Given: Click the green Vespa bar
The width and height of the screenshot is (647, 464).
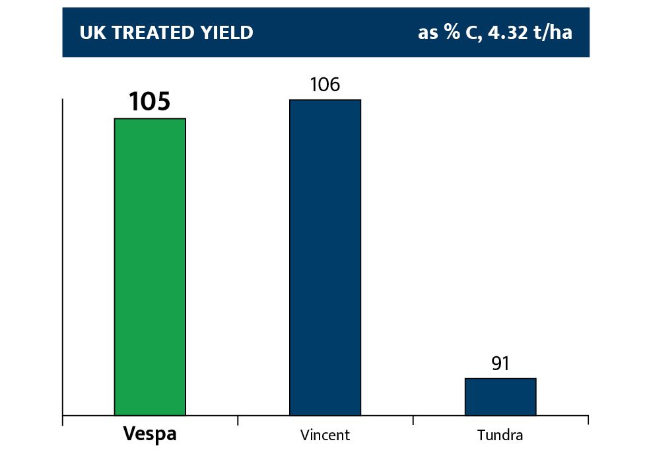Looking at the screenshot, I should point(150,267).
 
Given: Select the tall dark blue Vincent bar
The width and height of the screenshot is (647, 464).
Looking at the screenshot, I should point(325,258).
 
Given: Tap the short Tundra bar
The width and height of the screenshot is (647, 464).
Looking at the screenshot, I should point(500,397).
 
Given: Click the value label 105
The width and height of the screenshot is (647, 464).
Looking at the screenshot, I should point(149,102).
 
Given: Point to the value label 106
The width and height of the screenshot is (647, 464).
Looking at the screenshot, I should point(325,85).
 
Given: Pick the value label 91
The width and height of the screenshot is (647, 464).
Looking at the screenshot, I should point(500,364).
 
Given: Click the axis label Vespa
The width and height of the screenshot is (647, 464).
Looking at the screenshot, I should point(150,435).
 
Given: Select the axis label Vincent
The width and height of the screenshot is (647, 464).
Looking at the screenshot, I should point(325,436).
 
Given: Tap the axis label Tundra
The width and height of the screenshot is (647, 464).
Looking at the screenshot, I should point(500,436).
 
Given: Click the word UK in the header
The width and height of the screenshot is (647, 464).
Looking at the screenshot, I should point(90,33).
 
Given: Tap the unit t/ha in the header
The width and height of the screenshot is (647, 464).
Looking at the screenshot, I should point(553,32).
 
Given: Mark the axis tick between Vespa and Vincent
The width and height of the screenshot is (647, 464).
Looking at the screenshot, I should point(238,420).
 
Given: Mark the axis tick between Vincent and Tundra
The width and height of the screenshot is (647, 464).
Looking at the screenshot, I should point(413,420).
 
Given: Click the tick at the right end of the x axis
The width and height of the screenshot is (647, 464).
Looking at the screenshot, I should point(588,420).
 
